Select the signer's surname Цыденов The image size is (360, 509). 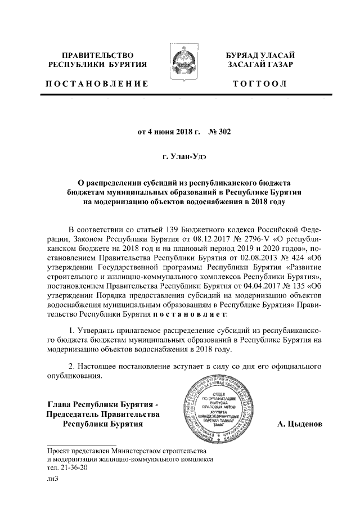pyautogui.click(x=299, y=424)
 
